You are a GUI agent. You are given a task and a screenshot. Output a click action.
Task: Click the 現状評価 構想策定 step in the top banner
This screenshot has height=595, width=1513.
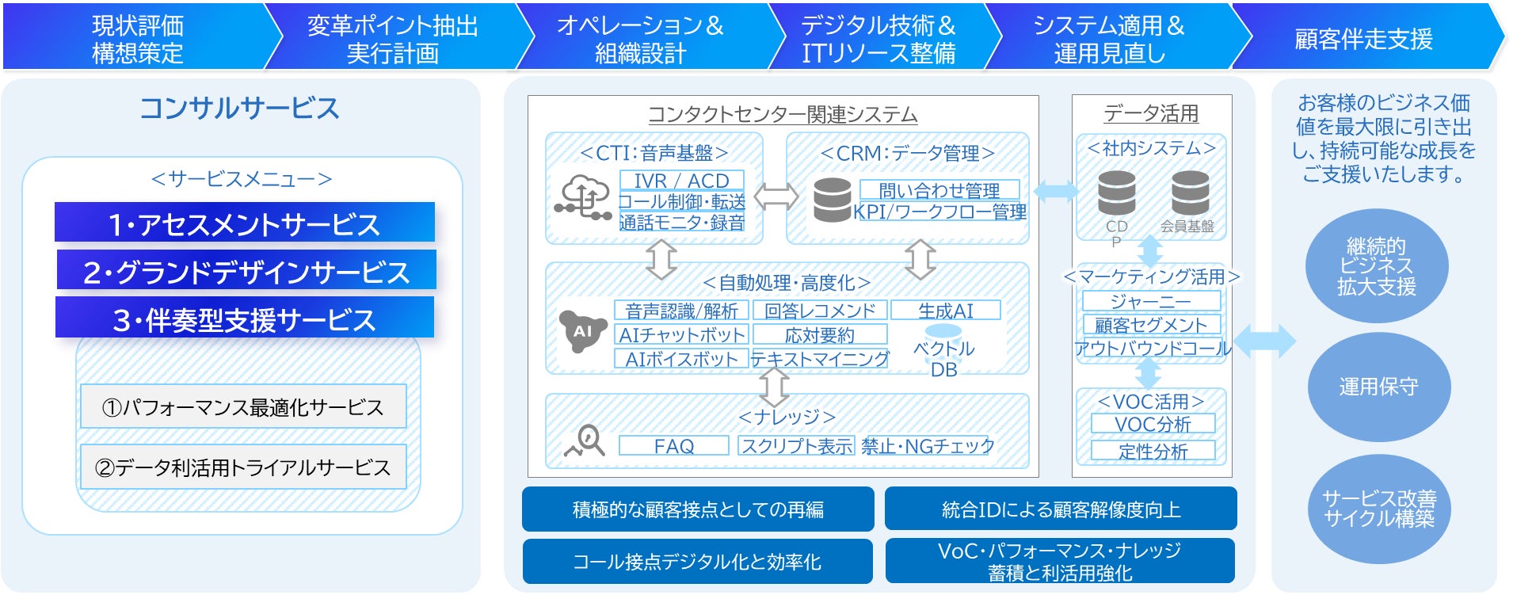[138, 39]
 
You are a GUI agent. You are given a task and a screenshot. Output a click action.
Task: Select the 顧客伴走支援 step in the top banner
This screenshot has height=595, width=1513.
[1362, 39]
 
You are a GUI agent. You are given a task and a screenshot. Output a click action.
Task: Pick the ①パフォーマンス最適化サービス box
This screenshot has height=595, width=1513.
[243, 406]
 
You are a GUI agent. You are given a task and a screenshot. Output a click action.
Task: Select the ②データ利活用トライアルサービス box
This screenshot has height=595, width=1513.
[243, 467]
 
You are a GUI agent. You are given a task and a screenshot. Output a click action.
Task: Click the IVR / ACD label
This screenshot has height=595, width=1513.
[681, 181]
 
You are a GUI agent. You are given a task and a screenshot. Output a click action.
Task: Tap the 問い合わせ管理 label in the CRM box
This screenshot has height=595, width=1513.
[939, 190]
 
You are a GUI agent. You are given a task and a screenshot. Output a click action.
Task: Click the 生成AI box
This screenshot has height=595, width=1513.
[945, 311]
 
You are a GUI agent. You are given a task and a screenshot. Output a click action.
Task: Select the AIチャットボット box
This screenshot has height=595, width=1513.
[681, 334]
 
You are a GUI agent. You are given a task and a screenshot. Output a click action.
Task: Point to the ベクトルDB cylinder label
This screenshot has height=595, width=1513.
[943, 358]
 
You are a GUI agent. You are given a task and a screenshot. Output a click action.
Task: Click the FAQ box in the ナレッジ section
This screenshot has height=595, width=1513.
[673, 446]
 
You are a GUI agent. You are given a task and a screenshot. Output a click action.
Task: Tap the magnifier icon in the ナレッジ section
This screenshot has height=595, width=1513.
[585, 441]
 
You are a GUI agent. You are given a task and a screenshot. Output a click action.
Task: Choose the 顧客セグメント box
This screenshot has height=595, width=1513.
[1151, 324]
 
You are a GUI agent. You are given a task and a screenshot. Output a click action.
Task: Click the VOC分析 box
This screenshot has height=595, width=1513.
[1153, 424]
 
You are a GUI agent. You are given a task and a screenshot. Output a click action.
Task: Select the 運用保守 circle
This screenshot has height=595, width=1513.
[1378, 387]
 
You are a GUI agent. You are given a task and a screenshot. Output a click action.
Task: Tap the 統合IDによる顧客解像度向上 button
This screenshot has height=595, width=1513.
[1061, 509]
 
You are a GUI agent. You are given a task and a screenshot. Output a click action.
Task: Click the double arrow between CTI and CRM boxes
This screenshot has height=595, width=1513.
[776, 196]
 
